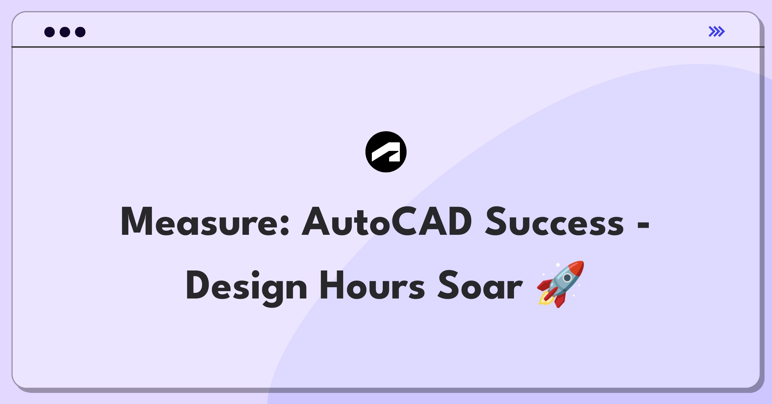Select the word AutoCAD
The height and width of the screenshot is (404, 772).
[x=387, y=222]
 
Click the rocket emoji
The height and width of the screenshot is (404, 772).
[x=560, y=284]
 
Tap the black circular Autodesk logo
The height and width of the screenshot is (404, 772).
[x=386, y=152]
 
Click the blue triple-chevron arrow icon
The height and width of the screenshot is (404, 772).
[x=717, y=32]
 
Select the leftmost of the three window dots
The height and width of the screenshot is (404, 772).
[x=50, y=32]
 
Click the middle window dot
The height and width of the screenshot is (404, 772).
[x=65, y=32]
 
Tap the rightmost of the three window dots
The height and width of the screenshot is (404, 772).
[x=80, y=32]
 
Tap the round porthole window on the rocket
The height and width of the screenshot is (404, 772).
[x=567, y=278]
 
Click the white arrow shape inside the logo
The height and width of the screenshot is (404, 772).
[x=386, y=152]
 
